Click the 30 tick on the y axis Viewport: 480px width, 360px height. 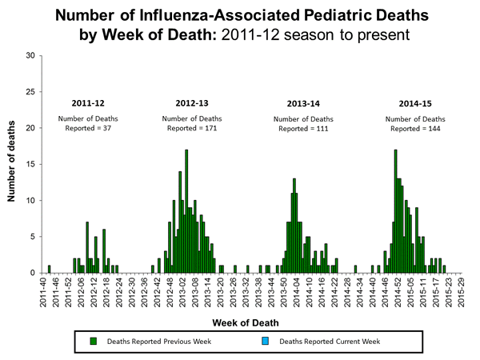pyautogui.click(x=30, y=55)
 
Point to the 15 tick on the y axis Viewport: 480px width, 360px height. pyautogui.click(x=30, y=164)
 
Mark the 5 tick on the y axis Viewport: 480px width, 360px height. pyautogui.click(x=32, y=237)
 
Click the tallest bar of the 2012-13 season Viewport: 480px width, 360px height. pyautogui.click(x=186, y=210)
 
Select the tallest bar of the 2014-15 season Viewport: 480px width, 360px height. pyautogui.click(x=395, y=210)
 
